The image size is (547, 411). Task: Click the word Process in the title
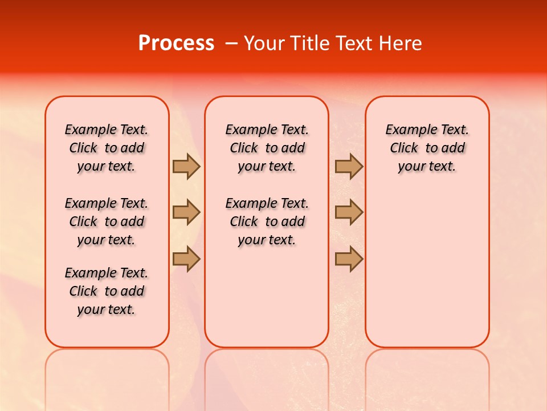176,43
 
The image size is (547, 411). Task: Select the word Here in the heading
401,43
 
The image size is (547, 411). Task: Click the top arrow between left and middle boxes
186,166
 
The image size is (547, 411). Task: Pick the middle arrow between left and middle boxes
186,212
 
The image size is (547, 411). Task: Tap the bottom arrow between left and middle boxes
186,259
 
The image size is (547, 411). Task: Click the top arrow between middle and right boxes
349,166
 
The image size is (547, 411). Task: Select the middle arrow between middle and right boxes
349,212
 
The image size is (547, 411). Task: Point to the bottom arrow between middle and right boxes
349,259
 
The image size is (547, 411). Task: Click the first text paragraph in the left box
107,148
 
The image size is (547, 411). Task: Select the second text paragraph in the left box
107,221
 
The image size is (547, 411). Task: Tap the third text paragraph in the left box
107,291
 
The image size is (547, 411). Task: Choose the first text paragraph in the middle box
267,148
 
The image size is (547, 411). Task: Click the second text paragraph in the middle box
267,221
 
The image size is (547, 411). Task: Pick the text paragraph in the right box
427,148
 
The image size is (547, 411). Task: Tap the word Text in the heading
356,43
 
